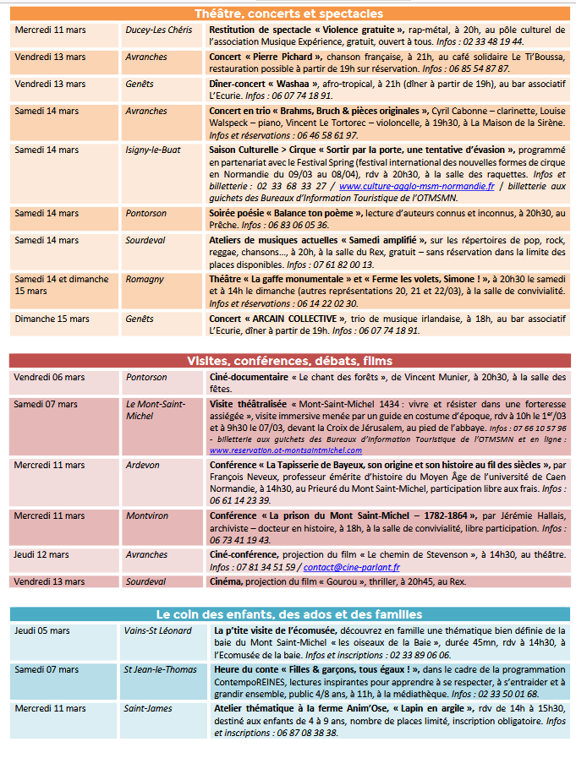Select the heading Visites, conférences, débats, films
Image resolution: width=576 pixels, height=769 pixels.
[x=288, y=361]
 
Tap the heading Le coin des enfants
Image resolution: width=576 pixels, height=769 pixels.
[x=288, y=614]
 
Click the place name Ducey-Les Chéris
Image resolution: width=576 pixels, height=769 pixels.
[x=158, y=29]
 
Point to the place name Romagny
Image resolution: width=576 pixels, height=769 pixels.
[x=145, y=278]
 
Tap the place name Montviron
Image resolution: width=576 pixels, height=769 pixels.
[x=147, y=515]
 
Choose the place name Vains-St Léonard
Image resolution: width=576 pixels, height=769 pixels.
[x=158, y=630]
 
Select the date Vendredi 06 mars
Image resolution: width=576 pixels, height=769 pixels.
[x=50, y=377]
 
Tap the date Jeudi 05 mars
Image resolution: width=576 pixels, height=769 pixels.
[x=42, y=630]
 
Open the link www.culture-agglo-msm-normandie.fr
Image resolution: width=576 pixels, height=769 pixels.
[x=417, y=186]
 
